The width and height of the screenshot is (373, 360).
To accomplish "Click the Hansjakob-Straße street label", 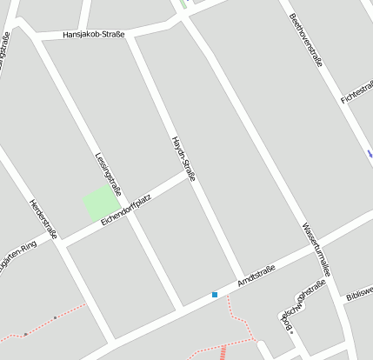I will click(94, 35).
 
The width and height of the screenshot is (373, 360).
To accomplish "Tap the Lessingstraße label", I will click(108, 177).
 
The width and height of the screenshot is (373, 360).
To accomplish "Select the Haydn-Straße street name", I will click(183, 158).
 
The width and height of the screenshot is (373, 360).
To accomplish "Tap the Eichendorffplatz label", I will click(126, 210).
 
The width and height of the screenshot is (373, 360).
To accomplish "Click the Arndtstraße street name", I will click(256, 279).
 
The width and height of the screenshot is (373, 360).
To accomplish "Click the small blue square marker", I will click(215, 295).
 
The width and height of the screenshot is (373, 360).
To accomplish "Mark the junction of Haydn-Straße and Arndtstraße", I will click(243, 277).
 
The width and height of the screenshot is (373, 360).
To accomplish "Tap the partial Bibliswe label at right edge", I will click(358, 290).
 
